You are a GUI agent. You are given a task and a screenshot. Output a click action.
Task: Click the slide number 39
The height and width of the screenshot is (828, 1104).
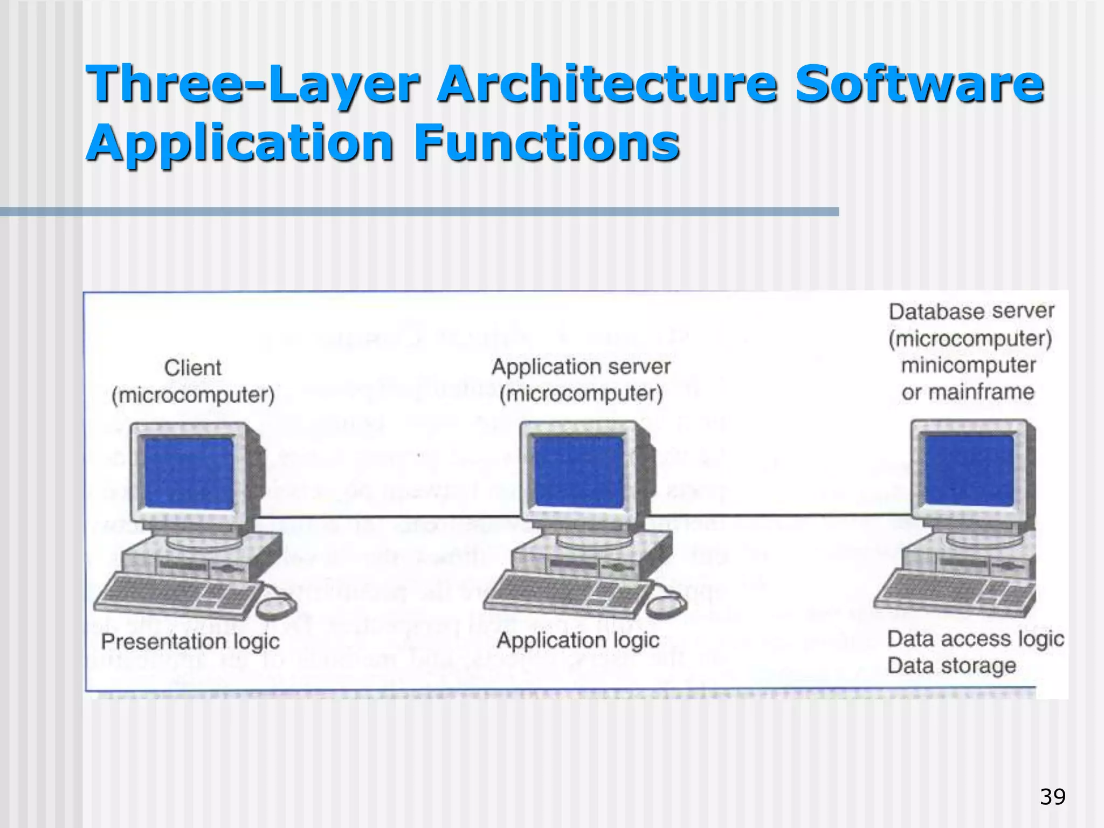click(x=1052, y=797)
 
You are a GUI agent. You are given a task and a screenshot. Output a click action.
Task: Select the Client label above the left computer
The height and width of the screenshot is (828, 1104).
click(x=192, y=368)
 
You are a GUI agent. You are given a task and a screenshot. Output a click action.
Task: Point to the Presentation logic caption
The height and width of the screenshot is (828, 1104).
click(x=190, y=641)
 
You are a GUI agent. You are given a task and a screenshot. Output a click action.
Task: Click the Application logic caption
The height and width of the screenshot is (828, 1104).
click(x=578, y=640)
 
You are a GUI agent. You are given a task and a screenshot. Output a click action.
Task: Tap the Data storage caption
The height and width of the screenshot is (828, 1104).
click(x=951, y=666)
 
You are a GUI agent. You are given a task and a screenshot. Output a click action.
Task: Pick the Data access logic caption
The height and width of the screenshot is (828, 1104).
click(x=975, y=639)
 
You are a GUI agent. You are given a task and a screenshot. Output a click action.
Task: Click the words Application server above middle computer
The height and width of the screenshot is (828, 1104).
click(x=581, y=367)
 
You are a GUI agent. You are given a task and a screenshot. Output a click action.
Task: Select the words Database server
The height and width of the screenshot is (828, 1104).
click(x=971, y=312)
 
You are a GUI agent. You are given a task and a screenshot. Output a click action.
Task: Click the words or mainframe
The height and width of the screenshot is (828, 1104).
click(x=968, y=392)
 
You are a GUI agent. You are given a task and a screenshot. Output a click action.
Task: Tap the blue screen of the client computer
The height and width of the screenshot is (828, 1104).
click(x=188, y=473)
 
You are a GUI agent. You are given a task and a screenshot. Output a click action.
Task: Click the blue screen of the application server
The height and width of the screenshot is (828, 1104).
click(x=578, y=471)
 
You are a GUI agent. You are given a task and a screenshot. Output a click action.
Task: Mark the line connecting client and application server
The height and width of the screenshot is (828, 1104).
click(x=388, y=518)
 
